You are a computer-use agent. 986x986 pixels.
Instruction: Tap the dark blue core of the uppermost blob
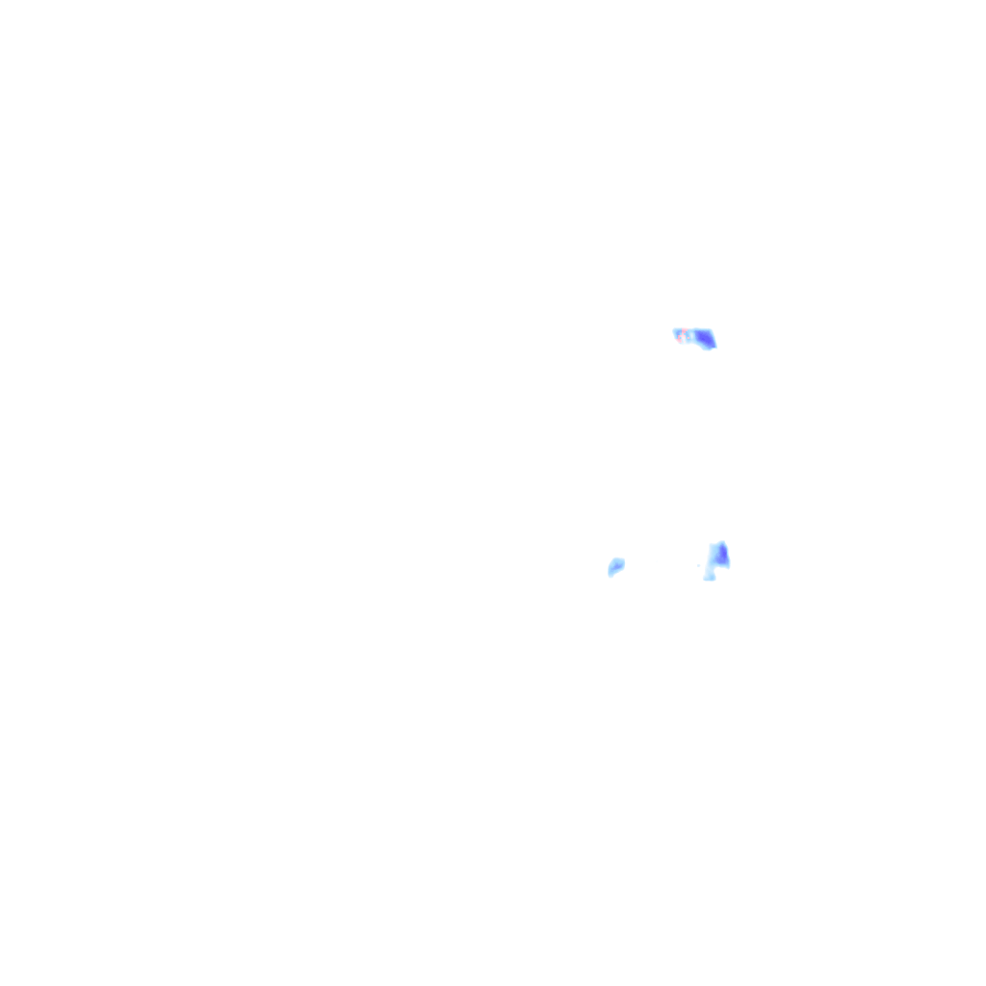pyautogui.click(x=704, y=339)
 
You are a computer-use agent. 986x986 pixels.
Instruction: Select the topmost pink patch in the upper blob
pyautogui.click(x=684, y=330)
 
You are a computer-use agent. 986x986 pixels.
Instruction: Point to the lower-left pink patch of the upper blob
pyautogui.click(x=679, y=341)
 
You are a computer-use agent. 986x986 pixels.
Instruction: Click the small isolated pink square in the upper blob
pyautogui.click(x=688, y=338)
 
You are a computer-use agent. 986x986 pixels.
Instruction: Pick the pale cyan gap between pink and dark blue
pyautogui.click(x=691, y=335)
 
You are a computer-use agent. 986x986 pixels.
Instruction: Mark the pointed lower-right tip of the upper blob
pyautogui.click(x=715, y=347)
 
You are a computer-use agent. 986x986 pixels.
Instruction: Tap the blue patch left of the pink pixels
pyautogui.click(x=678, y=333)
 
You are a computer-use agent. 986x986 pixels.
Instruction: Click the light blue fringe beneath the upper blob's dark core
pyautogui.click(x=706, y=349)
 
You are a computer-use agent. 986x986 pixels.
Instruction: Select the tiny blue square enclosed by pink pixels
pyautogui.click(x=681, y=338)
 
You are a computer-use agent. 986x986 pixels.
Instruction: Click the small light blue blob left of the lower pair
pyautogui.click(x=616, y=566)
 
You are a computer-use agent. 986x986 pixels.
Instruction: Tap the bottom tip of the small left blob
pyautogui.click(x=610, y=576)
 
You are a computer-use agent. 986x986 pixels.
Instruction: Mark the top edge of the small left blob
pyautogui.click(x=617, y=558)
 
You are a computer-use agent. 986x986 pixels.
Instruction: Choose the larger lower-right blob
pyautogui.click(x=716, y=558)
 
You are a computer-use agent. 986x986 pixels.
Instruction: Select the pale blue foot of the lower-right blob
pyautogui.click(x=710, y=578)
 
